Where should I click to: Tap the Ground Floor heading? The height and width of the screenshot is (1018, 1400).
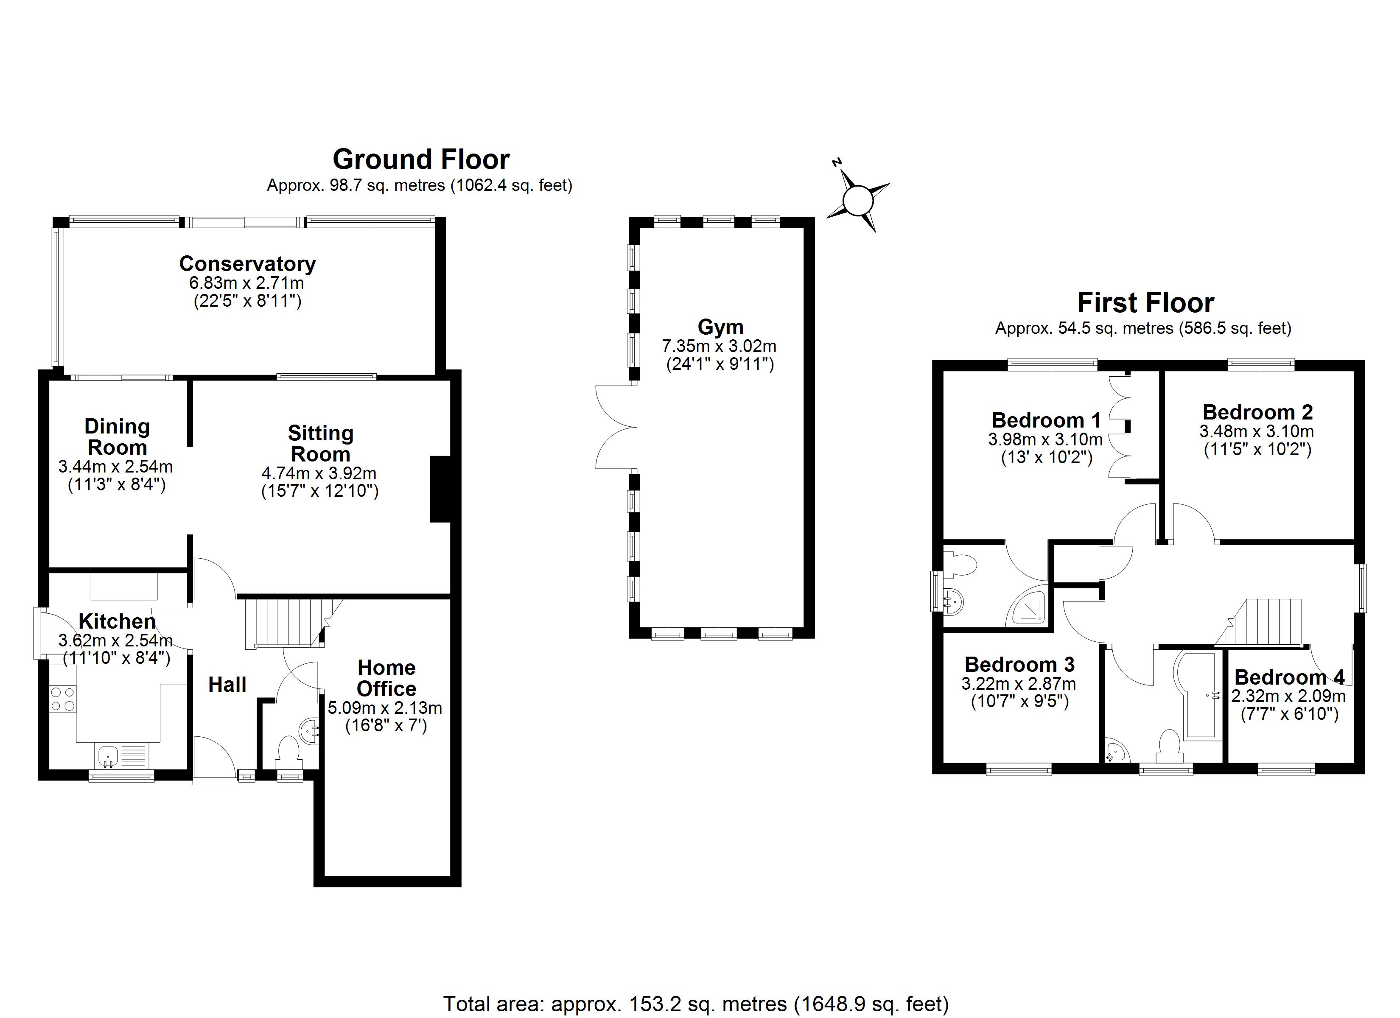[x=421, y=159]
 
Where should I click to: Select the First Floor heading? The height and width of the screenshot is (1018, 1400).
[x=1146, y=302]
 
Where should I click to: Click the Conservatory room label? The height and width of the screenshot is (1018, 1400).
[x=247, y=263]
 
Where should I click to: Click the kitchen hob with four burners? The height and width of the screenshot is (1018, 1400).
[x=62, y=699]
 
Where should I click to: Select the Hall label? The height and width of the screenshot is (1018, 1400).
[x=227, y=684]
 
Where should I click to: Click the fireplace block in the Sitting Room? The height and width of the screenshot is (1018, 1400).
[x=440, y=489]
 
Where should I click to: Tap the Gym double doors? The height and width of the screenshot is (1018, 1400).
[x=616, y=426]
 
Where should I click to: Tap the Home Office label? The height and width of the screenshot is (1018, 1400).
[x=386, y=678]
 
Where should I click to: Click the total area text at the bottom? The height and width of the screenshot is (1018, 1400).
[x=696, y=1004]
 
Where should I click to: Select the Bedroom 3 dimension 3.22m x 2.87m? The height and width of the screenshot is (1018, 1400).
[x=1019, y=684]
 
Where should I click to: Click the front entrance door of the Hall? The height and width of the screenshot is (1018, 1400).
[x=214, y=761]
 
